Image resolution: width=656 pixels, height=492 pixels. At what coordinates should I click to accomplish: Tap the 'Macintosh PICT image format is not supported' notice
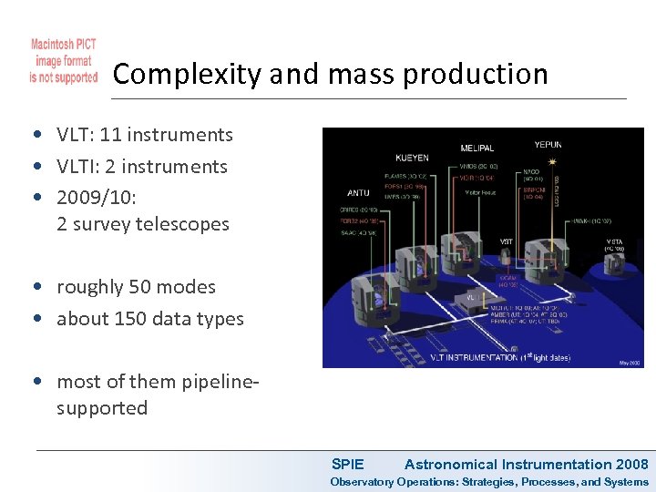(x=63, y=61)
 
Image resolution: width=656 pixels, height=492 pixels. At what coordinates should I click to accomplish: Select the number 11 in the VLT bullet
(x=110, y=135)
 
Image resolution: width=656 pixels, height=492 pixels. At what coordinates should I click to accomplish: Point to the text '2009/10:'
(x=96, y=198)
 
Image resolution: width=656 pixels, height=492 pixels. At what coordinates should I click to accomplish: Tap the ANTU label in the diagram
(x=358, y=193)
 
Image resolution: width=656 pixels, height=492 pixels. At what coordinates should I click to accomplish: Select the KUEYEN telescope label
(x=412, y=158)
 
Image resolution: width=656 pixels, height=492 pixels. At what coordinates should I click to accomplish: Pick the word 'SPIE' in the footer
(x=347, y=465)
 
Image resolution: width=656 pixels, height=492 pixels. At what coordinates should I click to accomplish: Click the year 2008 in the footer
(x=631, y=465)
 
